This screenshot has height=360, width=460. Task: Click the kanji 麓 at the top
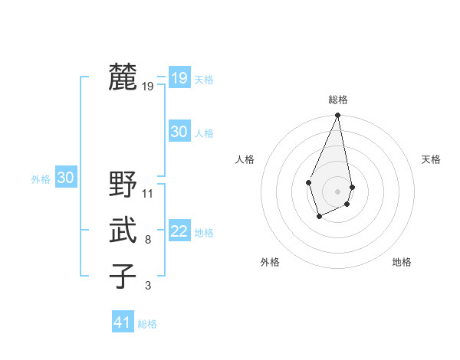(x=123, y=78)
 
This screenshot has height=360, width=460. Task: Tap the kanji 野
(x=123, y=185)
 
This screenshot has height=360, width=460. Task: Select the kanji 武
(x=123, y=231)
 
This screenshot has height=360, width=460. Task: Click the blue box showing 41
(x=123, y=322)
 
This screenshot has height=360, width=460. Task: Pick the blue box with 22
(x=179, y=231)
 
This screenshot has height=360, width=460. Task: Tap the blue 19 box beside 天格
(x=179, y=78)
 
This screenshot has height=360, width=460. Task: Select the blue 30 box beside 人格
(x=179, y=132)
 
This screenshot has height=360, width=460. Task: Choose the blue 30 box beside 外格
(x=66, y=178)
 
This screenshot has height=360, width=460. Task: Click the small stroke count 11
(x=148, y=193)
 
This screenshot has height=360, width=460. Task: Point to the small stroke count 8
(x=147, y=240)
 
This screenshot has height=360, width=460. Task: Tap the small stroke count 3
(x=147, y=286)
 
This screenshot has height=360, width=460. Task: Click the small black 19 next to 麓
(x=148, y=87)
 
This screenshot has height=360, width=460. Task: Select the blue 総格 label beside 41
(x=147, y=324)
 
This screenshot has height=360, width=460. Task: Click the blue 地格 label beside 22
(x=204, y=233)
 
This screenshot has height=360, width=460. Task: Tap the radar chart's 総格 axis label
(x=337, y=100)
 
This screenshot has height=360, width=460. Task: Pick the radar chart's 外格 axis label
(x=270, y=262)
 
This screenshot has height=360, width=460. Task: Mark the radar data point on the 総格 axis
(x=337, y=116)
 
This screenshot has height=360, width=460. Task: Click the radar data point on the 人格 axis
(x=308, y=182)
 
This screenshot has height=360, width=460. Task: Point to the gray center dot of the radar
(x=337, y=191)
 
